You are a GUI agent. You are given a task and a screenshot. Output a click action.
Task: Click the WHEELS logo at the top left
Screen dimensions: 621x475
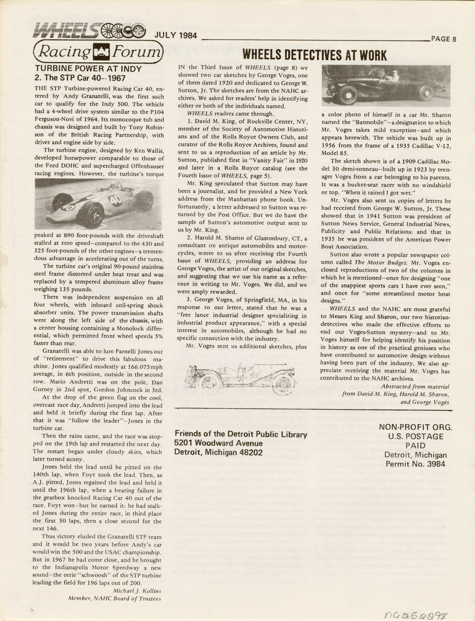[x=89, y=31]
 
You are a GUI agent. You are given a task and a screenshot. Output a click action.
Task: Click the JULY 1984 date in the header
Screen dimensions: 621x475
[x=176, y=35]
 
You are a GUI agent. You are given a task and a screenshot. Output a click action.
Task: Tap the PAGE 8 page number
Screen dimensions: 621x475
[x=443, y=39]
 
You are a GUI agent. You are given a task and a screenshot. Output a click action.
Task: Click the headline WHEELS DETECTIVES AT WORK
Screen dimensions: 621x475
[x=314, y=56]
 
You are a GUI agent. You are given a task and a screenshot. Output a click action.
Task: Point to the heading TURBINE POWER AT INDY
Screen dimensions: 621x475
[x=88, y=69]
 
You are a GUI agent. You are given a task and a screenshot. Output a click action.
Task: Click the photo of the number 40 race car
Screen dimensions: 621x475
[x=99, y=204]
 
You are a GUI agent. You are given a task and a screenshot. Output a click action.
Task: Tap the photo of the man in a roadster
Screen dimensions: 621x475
[x=386, y=85]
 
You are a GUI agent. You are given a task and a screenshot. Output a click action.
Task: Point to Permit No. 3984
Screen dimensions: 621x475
[x=415, y=464]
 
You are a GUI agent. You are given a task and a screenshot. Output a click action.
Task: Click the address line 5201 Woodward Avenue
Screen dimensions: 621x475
[x=219, y=443]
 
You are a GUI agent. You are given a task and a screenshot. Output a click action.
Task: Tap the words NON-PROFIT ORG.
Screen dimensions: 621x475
[x=415, y=427]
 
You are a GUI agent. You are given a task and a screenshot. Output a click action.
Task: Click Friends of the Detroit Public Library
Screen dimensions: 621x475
[x=241, y=434]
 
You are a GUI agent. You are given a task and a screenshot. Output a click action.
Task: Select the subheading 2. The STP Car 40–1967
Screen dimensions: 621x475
[x=80, y=78]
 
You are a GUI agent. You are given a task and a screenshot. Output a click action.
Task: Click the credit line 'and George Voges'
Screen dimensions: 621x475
[x=425, y=402]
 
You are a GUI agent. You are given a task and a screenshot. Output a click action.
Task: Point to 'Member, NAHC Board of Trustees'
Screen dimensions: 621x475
[x=114, y=598]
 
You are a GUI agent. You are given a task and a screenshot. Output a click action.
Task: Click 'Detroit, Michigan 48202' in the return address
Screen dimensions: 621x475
[x=218, y=452]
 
